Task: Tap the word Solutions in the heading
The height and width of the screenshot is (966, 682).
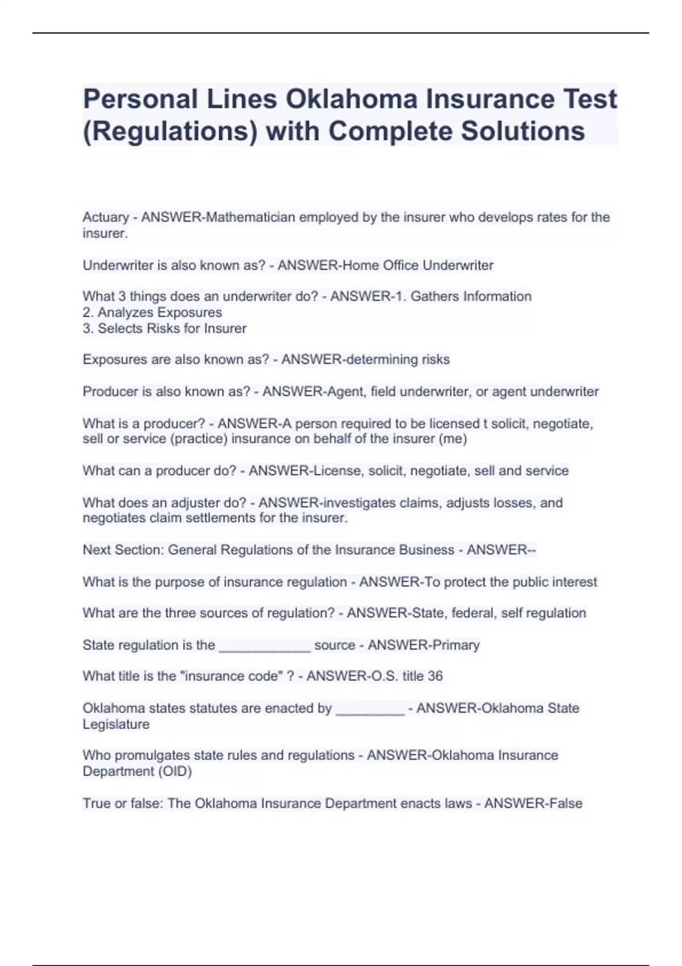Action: coord(522,131)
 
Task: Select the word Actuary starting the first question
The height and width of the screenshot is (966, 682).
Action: coord(106,217)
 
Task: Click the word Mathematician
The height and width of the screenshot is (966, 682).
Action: coord(251,217)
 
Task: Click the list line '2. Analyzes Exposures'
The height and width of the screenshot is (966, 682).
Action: coord(152,313)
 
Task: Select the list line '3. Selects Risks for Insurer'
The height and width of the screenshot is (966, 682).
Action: coord(165,328)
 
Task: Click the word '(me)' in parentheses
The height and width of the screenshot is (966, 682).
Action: coord(453,439)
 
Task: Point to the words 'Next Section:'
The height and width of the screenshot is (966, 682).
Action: coord(123,550)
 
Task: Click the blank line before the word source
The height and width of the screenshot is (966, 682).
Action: coord(265,647)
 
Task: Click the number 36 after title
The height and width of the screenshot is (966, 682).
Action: coord(435,676)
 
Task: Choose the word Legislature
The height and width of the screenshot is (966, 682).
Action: coord(116,724)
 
